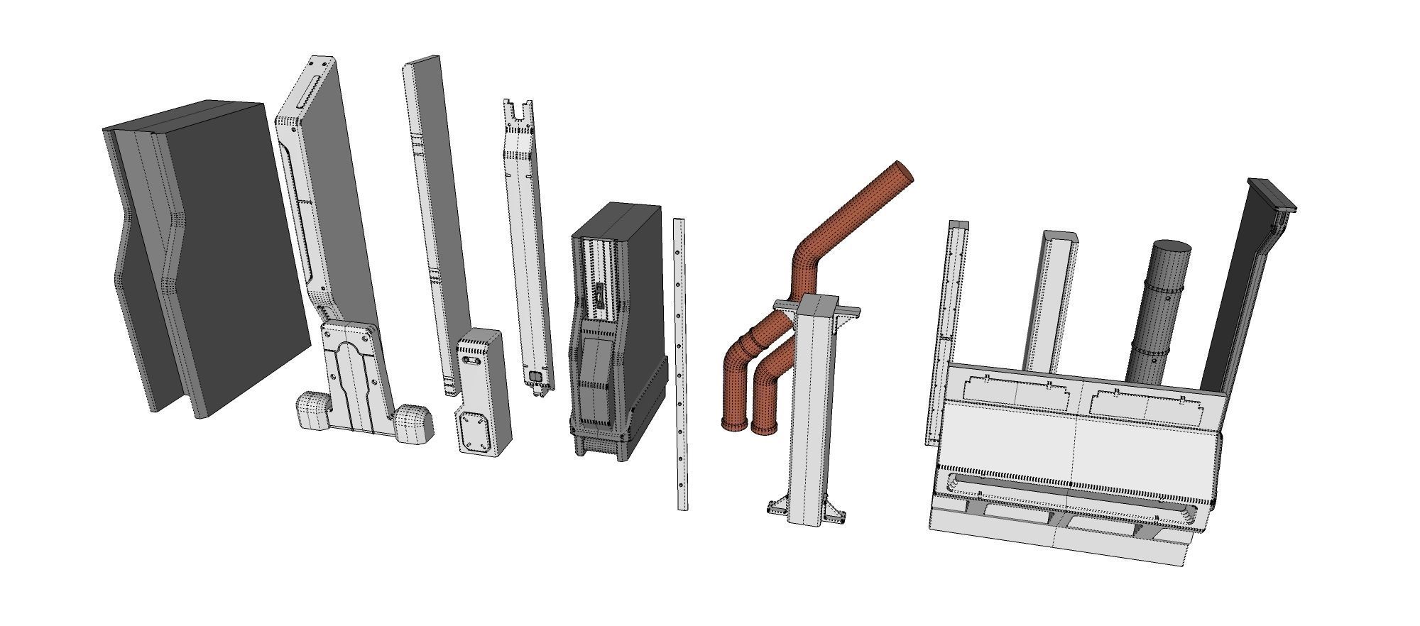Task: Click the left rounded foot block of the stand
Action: (313, 411)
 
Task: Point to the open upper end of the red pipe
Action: (902, 171)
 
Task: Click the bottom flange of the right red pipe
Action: (765, 429)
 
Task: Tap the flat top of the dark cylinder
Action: (1171, 248)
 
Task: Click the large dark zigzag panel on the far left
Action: (213, 256)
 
